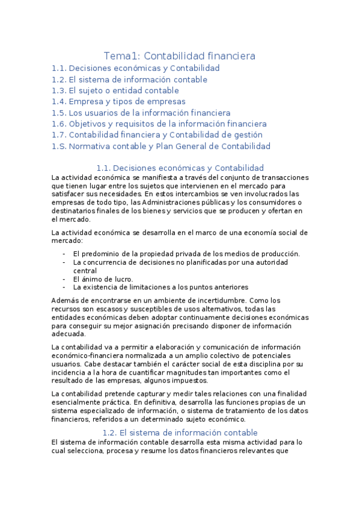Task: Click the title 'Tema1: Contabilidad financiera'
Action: coord(180,56)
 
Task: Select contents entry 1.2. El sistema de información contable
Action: coord(130,79)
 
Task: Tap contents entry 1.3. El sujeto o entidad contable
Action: coord(115,90)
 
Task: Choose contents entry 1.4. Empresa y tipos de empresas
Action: coord(119,102)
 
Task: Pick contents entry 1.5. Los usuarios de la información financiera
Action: coord(141,112)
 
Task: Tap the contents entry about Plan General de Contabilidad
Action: coord(161,146)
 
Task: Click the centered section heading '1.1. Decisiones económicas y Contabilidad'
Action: coord(180,168)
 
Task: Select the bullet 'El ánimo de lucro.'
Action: coord(103,279)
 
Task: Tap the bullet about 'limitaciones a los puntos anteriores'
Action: coord(160,287)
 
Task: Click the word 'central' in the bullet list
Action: coord(86,271)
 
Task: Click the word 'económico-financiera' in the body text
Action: coord(90,355)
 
